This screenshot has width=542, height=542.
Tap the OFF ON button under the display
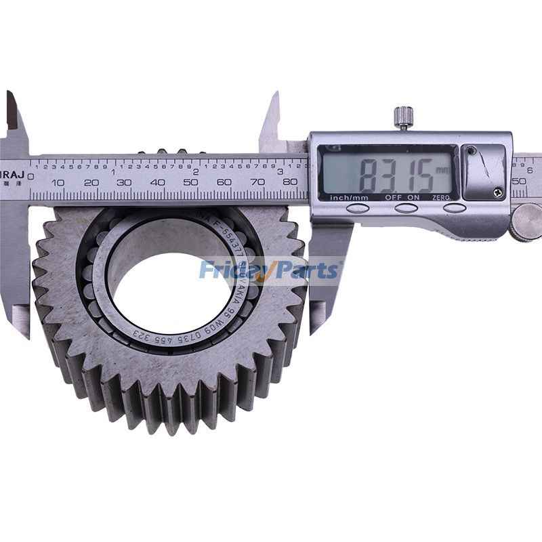click(x=405, y=207)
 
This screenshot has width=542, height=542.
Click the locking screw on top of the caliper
click(x=404, y=117)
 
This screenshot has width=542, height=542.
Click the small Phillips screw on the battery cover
click(x=498, y=192)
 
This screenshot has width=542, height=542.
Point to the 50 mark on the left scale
click(x=191, y=182)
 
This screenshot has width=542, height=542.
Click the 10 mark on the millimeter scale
click(x=58, y=182)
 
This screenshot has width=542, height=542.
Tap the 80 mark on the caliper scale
click(x=290, y=182)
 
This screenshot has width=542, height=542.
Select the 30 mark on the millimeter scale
click(x=124, y=182)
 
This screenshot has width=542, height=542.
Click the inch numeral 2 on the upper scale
click(x=196, y=172)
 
